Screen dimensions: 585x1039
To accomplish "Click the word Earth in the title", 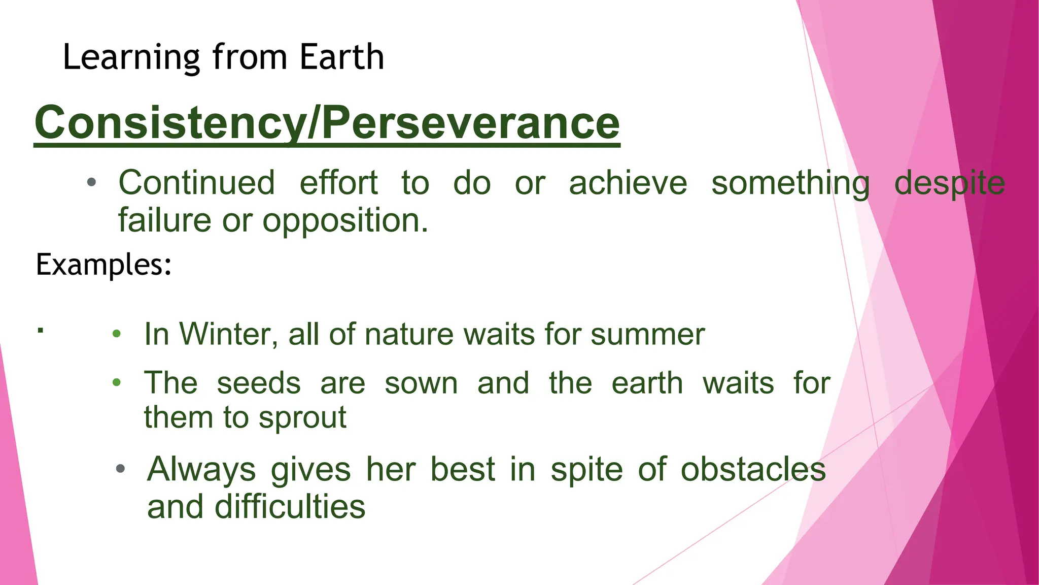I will coord(341,57).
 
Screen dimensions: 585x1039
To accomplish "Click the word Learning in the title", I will coord(131,58).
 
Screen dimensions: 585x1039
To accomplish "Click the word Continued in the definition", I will coord(197,183).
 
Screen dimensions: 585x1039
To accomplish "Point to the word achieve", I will coord(628,183).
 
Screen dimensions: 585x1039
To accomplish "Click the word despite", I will coord(949,184).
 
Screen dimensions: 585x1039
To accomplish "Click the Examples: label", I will coord(103,265).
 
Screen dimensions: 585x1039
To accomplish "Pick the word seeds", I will coord(259,383).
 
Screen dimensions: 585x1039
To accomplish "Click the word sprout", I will coord(302,418).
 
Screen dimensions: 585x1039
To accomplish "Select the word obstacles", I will coord(753,469).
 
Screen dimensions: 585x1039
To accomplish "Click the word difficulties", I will coord(289,507).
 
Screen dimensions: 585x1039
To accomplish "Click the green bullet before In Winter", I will coord(117,334).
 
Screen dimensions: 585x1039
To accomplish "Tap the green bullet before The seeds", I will coord(117,382).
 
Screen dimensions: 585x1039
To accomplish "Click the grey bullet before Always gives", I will coord(120,469).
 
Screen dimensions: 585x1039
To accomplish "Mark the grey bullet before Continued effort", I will coord(91,182).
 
